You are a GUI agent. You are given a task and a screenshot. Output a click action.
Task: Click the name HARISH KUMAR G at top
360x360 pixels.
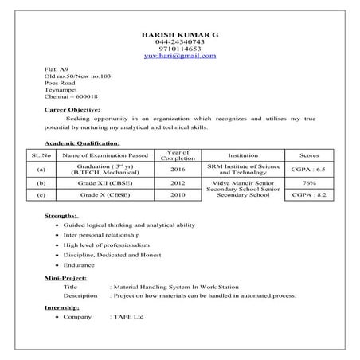pos(179,35)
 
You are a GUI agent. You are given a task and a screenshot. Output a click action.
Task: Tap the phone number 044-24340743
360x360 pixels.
pos(179,42)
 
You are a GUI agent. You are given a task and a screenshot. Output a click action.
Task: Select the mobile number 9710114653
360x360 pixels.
pos(179,49)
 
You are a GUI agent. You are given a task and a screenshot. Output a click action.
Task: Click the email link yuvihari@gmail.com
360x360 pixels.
pos(179,57)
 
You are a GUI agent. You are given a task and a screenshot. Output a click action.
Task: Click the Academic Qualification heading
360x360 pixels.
pos(83,142)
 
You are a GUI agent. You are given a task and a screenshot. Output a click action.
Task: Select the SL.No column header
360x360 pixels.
pos(41,155)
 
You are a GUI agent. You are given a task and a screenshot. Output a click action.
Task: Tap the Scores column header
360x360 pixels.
pos(308,155)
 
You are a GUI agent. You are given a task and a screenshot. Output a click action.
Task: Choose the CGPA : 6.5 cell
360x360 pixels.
pos(308,170)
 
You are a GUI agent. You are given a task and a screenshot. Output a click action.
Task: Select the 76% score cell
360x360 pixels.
pos(308,182)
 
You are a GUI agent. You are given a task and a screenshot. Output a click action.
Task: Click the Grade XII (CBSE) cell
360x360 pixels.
pos(105,182)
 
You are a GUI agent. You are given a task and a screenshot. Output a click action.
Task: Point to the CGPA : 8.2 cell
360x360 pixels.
pos(308,194)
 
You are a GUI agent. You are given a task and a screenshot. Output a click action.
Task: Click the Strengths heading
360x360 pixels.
pos(61,215)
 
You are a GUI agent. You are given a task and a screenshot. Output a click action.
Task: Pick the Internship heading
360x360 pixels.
pos(64,307)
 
